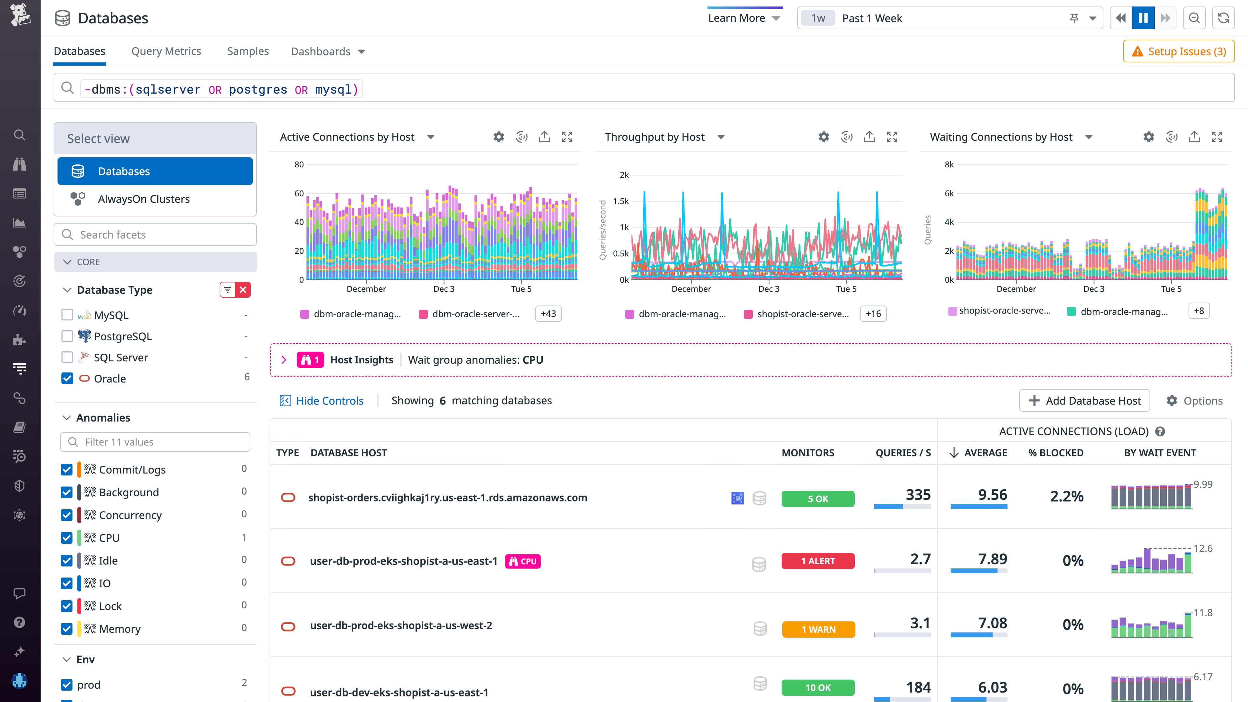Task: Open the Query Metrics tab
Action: point(166,51)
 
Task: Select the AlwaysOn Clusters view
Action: point(143,199)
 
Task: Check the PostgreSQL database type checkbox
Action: point(67,336)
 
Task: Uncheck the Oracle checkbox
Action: point(67,378)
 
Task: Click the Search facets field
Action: point(155,234)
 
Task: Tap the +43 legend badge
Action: point(548,314)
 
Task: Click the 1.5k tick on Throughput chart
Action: point(621,201)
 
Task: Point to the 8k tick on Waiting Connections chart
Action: point(949,165)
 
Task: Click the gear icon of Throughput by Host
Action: point(824,137)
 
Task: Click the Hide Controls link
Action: point(322,401)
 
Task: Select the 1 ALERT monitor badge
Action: point(817,561)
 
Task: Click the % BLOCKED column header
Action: point(1056,453)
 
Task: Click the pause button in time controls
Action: point(1143,19)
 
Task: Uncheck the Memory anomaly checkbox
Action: point(67,629)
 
